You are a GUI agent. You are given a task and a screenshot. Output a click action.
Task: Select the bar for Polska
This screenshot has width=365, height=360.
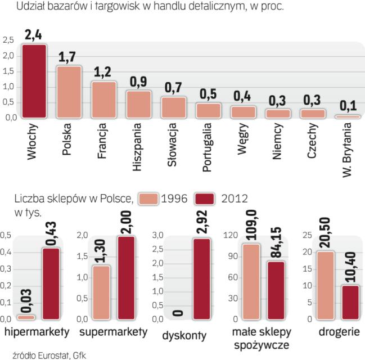(69, 92)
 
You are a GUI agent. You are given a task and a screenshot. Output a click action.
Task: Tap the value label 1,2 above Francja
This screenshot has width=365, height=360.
(103, 73)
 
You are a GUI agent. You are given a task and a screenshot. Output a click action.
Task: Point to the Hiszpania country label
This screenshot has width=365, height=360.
(138, 146)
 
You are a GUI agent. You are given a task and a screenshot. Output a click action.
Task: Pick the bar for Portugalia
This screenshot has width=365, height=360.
(208, 111)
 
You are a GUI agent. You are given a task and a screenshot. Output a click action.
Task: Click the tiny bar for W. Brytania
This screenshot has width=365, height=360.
(347, 116)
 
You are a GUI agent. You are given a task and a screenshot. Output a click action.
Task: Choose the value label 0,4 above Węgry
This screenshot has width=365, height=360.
(243, 96)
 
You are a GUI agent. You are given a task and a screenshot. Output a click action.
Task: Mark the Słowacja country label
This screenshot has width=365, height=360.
(173, 147)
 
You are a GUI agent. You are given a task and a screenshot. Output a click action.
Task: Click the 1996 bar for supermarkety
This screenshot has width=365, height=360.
(101, 292)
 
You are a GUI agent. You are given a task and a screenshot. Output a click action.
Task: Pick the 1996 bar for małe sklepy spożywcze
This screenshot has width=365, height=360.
(251, 281)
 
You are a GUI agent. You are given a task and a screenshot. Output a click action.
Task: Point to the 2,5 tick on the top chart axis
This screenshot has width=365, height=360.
(8, 40)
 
